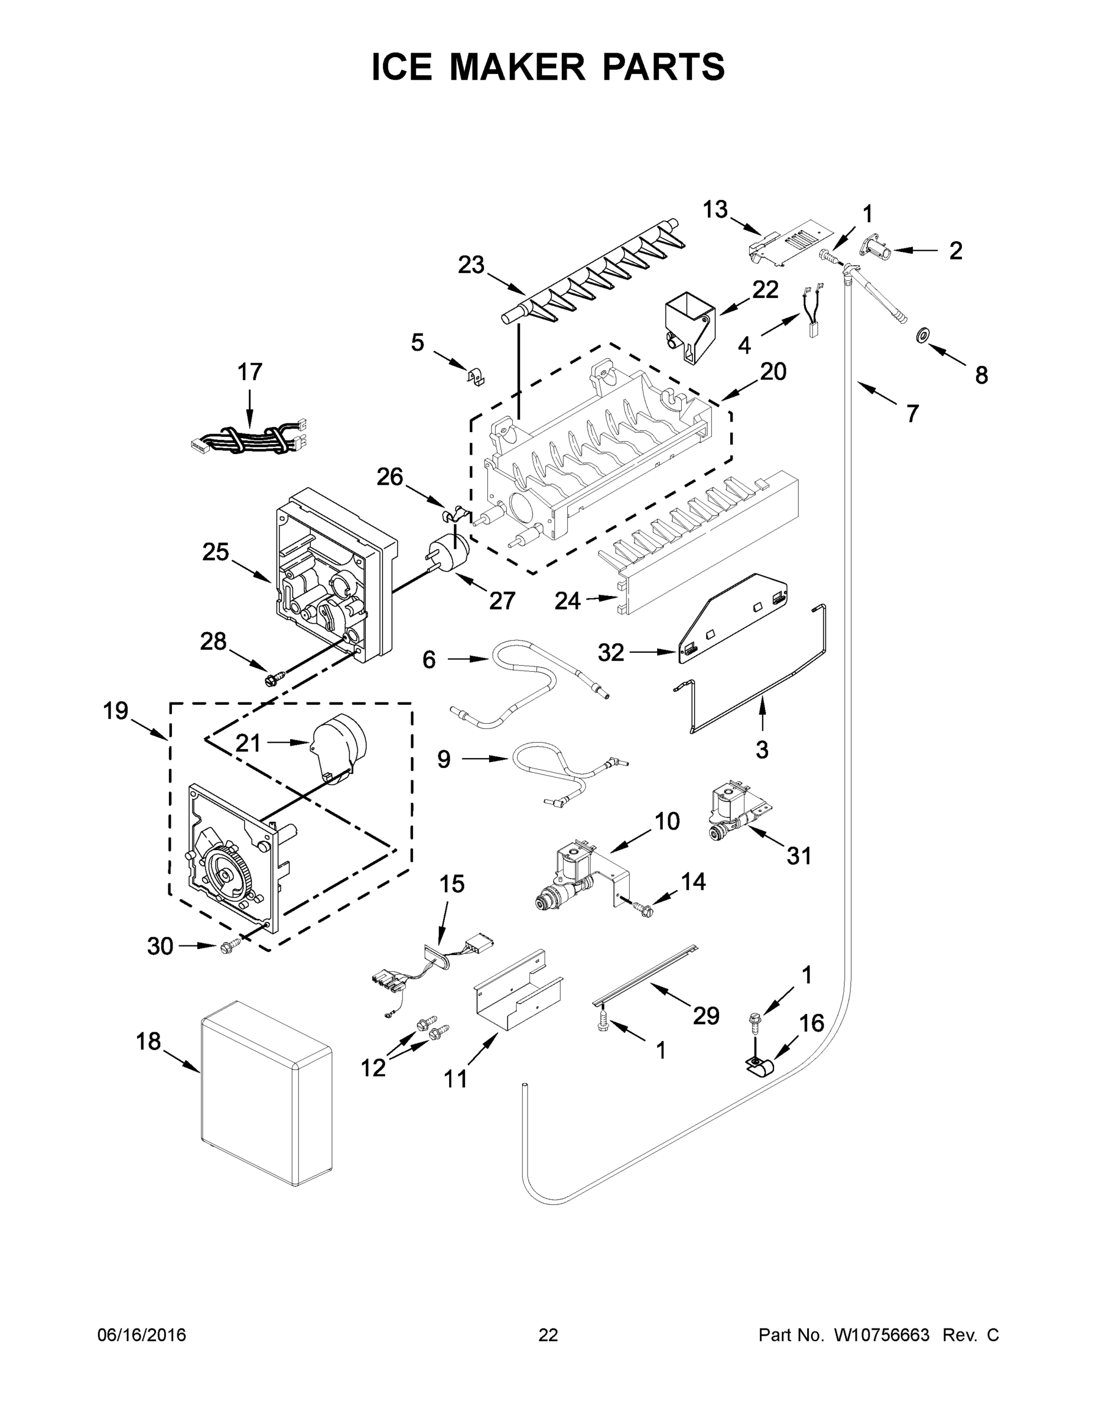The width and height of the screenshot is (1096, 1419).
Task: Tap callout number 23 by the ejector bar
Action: pyautogui.click(x=471, y=265)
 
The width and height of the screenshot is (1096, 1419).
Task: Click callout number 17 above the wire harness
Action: pyautogui.click(x=250, y=372)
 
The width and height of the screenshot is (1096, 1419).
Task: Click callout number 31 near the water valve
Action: pyautogui.click(x=799, y=856)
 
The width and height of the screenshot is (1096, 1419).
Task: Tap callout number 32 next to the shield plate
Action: pyautogui.click(x=611, y=652)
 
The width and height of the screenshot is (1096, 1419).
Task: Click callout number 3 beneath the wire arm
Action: pyautogui.click(x=762, y=749)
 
